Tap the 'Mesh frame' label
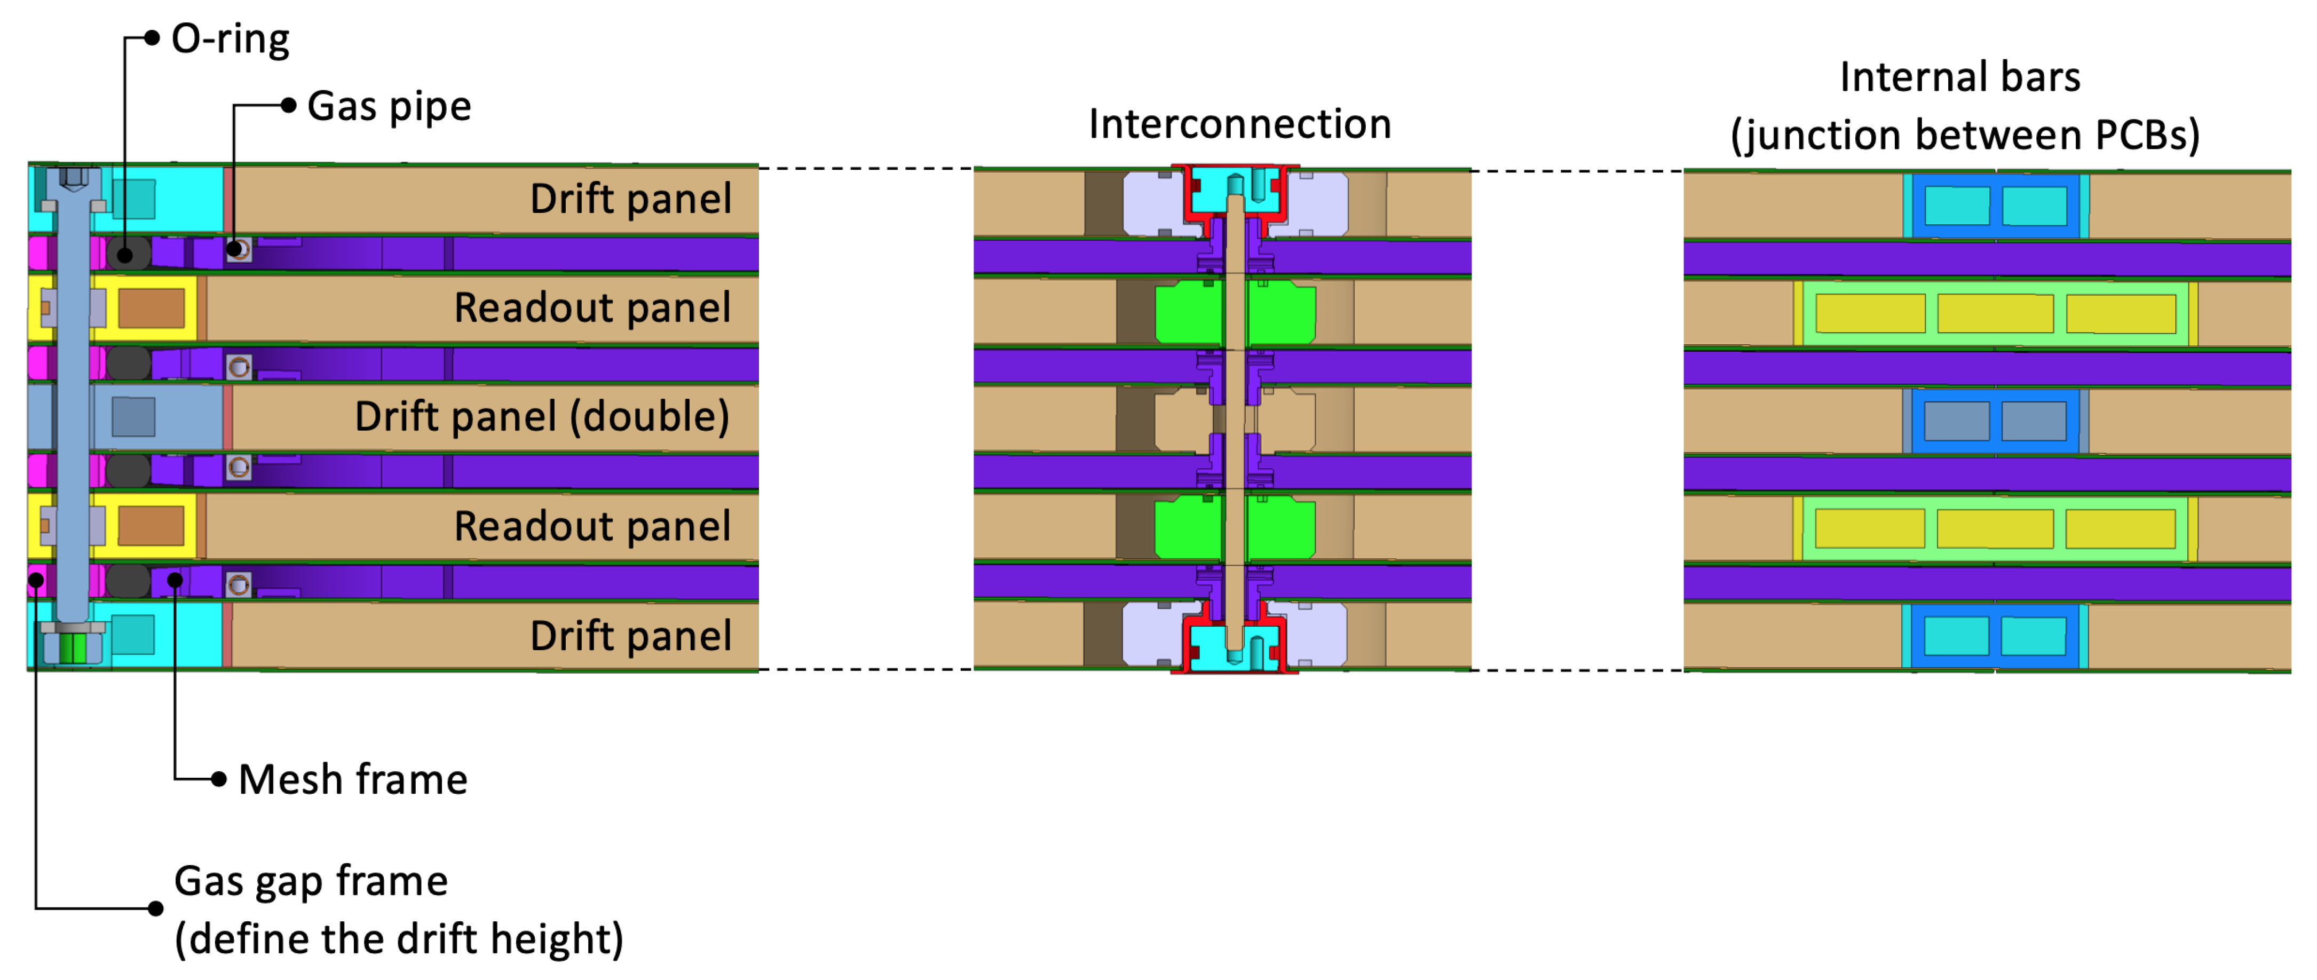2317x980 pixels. tap(353, 779)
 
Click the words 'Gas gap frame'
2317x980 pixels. tap(310, 881)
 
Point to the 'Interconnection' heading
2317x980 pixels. tap(1239, 124)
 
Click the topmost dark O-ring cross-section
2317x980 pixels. tap(127, 255)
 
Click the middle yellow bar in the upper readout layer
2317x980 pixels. tap(1995, 314)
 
